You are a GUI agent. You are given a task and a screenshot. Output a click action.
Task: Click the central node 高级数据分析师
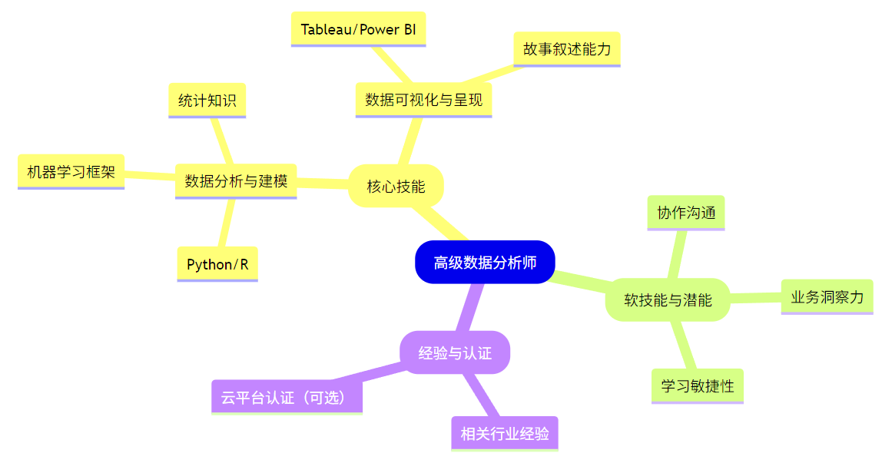click(x=485, y=263)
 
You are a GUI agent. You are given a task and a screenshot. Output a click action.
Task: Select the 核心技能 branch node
click(x=396, y=186)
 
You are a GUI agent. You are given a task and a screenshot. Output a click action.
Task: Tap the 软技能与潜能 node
click(x=668, y=299)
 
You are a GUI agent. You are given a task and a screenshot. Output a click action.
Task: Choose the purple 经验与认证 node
click(x=455, y=353)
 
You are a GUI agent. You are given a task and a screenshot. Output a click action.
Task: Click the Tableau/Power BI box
click(x=359, y=30)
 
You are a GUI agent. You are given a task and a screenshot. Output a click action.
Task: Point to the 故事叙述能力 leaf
click(x=566, y=49)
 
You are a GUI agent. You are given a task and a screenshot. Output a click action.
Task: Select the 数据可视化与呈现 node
click(x=423, y=100)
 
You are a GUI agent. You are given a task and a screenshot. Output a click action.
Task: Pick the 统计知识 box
click(x=207, y=100)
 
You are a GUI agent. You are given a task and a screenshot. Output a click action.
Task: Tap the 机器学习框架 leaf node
click(x=71, y=171)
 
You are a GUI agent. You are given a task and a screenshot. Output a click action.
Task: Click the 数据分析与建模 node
click(x=236, y=181)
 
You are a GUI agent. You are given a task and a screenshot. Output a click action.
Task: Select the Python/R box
click(x=217, y=264)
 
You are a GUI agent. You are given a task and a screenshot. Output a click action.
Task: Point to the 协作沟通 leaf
click(x=686, y=213)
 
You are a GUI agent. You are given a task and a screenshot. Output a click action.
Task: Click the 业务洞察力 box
click(x=827, y=296)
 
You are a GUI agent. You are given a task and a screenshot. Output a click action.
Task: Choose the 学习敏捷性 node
click(x=697, y=385)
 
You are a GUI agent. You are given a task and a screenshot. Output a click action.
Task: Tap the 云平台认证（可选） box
click(x=287, y=397)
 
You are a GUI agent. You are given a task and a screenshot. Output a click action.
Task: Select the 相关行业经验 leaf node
click(x=505, y=433)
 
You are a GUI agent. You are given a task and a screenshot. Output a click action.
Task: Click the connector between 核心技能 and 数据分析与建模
click(x=323, y=183)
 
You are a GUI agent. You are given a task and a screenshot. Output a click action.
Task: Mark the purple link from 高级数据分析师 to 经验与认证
click(x=470, y=307)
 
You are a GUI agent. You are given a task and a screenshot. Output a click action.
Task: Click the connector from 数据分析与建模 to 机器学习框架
click(x=150, y=176)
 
